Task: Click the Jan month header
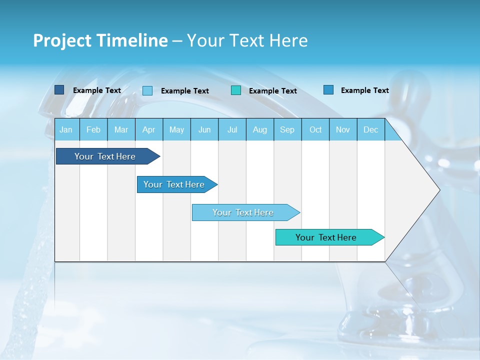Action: pyautogui.click(x=66, y=129)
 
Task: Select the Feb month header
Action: pyautogui.click(x=93, y=129)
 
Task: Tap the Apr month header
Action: pyautogui.click(x=149, y=129)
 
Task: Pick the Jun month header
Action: pyautogui.click(x=204, y=129)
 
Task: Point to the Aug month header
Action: pyautogui.click(x=260, y=129)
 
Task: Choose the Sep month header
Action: pyautogui.click(x=287, y=129)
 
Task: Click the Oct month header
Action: pyautogui.click(x=315, y=129)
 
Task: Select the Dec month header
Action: pyautogui.click(x=371, y=129)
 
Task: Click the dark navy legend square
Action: pyautogui.click(x=59, y=90)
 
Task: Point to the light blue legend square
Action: pyautogui.click(x=147, y=90)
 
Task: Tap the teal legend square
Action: pyautogui.click(x=236, y=90)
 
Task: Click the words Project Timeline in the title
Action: pyautogui.click(x=100, y=40)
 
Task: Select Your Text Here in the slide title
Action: pyautogui.click(x=247, y=40)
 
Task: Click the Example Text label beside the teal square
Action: pyautogui.click(x=273, y=91)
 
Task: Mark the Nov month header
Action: pyautogui.click(x=343, y=129)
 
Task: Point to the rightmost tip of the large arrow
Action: pyautogui.click(x=439, y=190)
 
